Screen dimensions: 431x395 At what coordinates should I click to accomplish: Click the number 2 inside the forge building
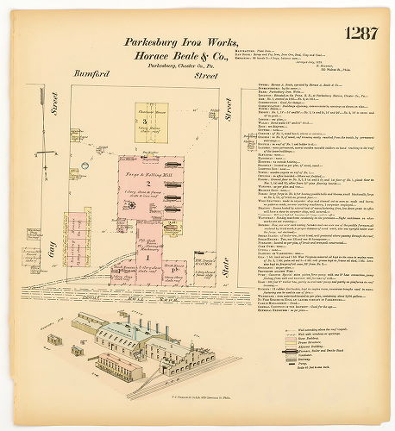click(148, 184)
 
